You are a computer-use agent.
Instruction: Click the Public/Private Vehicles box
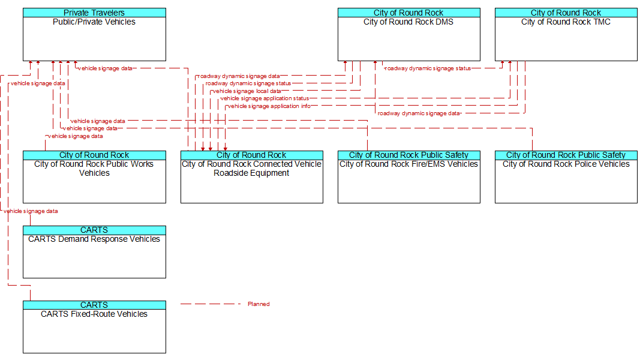[x=94, y=34]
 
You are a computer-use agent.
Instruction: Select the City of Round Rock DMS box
[x=409, y=34]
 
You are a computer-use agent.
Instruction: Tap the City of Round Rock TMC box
[x=566, y=34]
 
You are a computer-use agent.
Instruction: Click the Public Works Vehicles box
[x=94, y=177]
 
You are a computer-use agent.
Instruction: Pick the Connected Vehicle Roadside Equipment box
[x=252, y=177]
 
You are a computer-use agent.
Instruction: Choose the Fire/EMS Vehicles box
[x=409, y=177]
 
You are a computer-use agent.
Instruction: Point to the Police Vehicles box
[x=566, y=177]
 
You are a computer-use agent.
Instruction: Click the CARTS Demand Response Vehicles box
[x=94, y=252]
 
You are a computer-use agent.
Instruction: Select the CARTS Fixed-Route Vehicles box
[x=94, y=327]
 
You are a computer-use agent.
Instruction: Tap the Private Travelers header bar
[x=94, y=13]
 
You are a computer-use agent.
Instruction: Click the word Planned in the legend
[x=259, y=304]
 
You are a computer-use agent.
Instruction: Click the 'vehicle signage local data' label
[x=247, y=91]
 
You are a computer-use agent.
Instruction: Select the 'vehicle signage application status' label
[x=265, y=98]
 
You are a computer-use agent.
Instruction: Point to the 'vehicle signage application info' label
[x=269, y=106]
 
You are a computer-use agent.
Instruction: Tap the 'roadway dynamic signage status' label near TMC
[x=428, y=68]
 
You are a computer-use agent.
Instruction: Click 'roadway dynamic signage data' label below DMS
[x=419, y=113]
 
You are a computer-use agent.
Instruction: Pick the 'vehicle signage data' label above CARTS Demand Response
[x=31, y=211]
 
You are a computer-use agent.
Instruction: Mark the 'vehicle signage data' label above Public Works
[x=76, y=136]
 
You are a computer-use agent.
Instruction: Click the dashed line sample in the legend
[x=211, y=304]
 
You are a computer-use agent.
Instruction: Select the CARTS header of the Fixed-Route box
[x=94, y=305]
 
